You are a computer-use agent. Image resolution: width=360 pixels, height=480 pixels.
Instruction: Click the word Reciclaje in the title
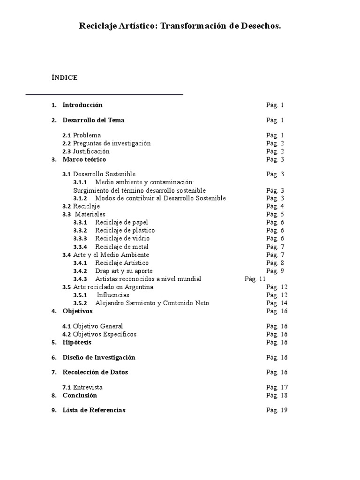pyautogui.click(x=97, y=27)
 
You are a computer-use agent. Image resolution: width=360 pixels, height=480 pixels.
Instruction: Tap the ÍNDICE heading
pyautogui.click(x=64, y=78)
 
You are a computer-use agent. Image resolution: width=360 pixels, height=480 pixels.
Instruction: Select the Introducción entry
pyautogui.click(x=82, y=105)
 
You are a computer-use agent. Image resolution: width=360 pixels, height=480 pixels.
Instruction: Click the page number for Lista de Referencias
pyautogui.click(x=277, y=410)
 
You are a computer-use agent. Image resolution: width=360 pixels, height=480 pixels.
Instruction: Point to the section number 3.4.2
pyautogui.click(x=80, y=271)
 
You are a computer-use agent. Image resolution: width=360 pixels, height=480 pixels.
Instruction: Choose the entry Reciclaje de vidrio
pyautogui.click(x=122, y=239)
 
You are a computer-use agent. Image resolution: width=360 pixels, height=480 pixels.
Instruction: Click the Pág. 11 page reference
pyautogui.click(x=255, y=279)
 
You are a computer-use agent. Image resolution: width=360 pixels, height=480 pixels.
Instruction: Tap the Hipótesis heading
pyautogui.click(x=77, y=342)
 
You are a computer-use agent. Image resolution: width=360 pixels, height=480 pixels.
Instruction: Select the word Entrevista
pyautogui.click(x=88, y=388)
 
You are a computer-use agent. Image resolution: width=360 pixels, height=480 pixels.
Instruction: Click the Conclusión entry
pyautogui.click(x=80, y=395)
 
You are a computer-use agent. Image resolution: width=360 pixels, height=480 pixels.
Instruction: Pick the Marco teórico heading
pyautogui.click(x=84, y=159)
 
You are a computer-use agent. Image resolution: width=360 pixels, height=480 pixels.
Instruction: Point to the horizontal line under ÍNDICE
pyautogui.click(x=104, y=94)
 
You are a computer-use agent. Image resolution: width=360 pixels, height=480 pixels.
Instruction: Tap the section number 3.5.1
pyautogui.click(x=80, y=295)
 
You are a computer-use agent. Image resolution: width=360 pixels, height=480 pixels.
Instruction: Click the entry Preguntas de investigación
pyautogui.click(x=112, y=143)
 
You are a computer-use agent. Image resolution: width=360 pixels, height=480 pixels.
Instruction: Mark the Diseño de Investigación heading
pyautogui.click(x=99, y=357)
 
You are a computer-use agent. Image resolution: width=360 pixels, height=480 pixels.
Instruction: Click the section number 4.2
pyautogui.click(x=67, y=334)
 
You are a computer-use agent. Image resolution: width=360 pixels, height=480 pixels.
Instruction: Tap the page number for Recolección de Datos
pyautogui.click(x=277, y=372)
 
